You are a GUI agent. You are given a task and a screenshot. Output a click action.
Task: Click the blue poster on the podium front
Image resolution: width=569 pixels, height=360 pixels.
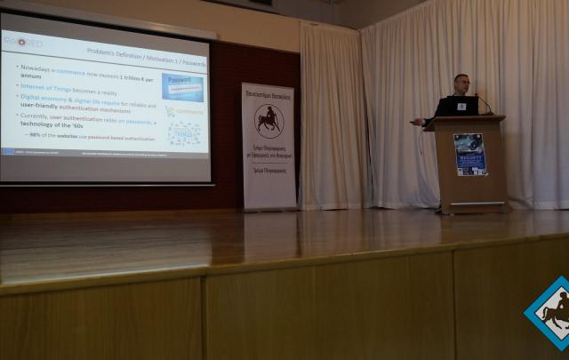click(469, 154)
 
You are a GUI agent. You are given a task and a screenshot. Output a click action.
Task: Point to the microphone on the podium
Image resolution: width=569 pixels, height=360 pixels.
click(484, 103)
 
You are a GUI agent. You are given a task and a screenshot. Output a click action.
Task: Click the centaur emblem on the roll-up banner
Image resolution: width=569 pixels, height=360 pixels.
click(268, 120)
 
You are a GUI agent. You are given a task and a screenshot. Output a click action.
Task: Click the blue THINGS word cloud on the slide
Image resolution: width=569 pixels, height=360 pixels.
click(185, 133)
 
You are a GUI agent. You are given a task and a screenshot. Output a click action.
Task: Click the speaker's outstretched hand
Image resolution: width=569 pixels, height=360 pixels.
click(415, 122)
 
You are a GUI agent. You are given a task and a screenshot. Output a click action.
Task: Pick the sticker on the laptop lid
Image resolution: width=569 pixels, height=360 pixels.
click(461, 106)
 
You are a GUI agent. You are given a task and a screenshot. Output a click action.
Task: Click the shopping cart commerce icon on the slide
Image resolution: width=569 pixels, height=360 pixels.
click(170, 111)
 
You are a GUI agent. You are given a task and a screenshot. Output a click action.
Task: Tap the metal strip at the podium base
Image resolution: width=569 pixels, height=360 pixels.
click(477, 204)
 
